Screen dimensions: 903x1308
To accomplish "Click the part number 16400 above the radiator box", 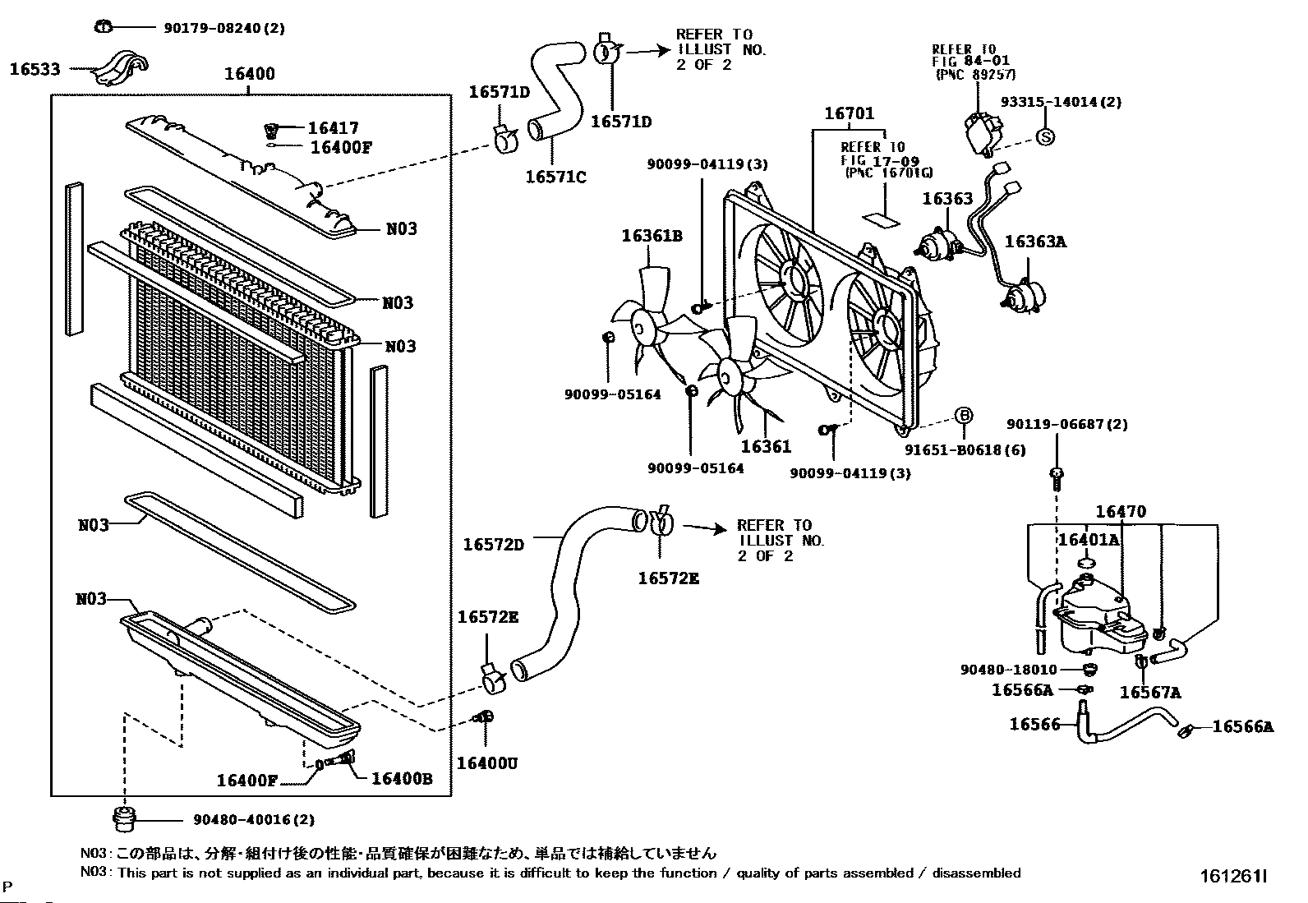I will (250, 74).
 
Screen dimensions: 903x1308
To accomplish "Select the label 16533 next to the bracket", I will (35, 69).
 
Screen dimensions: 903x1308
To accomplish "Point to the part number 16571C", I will (555, 177).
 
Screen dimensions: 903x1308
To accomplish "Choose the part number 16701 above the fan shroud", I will (850, 113).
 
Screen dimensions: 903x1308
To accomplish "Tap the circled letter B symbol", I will (964, 415).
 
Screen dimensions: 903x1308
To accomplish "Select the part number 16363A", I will (1035, 242).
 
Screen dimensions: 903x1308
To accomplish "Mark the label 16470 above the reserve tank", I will (1121, 511).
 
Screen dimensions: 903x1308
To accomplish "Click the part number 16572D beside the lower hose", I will (493, 544).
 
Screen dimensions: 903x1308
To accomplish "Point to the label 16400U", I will (487, 763).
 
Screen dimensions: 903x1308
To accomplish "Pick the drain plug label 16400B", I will (402, 779).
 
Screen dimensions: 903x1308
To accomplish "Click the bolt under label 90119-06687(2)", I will (1057, 474).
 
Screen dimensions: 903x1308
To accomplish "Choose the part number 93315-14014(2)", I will (1061, 102).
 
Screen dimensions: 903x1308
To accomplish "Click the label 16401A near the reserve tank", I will (1088, 540).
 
